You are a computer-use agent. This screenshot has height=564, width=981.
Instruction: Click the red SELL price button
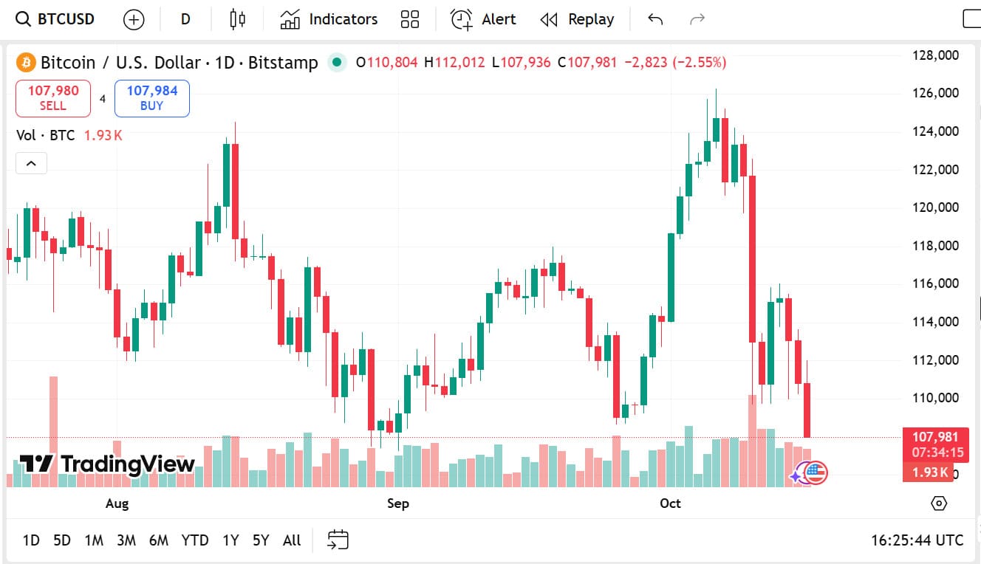(53, 98)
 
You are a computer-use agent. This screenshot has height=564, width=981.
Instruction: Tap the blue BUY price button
(151, 98)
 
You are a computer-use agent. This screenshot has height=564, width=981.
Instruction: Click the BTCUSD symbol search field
(56, 19)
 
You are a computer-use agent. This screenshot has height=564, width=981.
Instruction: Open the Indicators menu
(329, 19)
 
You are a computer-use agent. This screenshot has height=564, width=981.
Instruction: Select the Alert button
(484, 19)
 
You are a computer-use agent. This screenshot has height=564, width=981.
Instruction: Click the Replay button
(577, 19)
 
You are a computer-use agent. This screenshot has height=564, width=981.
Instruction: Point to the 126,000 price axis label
(936, 93)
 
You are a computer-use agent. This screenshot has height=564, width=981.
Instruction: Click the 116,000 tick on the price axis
(936, 283)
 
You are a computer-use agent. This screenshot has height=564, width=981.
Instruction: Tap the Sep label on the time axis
(397, 503)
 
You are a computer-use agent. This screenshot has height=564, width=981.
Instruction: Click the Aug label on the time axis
(117, 503)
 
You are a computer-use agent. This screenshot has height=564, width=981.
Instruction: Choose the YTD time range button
(195, 540)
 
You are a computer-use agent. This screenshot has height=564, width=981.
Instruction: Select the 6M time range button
(158, 540)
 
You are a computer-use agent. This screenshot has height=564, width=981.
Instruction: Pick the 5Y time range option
(261, 540)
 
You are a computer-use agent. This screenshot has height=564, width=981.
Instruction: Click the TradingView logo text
(127, 464)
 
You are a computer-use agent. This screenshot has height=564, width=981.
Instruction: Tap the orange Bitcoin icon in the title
(26, 63)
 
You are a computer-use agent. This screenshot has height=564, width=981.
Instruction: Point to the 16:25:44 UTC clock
(917, 540)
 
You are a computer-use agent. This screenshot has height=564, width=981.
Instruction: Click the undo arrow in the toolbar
(655, 19)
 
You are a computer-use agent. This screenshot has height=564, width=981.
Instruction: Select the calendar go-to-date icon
(338, 540)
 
